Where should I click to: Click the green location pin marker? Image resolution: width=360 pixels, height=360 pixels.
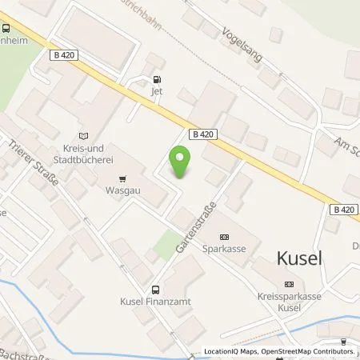182,162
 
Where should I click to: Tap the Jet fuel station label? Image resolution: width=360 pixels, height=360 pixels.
156,92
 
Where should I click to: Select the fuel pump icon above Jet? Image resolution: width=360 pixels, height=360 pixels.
156,79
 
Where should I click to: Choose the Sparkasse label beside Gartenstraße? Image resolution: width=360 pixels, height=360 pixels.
223,250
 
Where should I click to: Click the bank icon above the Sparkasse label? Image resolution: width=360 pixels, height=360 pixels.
223,237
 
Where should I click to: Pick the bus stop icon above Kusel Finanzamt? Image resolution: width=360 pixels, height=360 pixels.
154,289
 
